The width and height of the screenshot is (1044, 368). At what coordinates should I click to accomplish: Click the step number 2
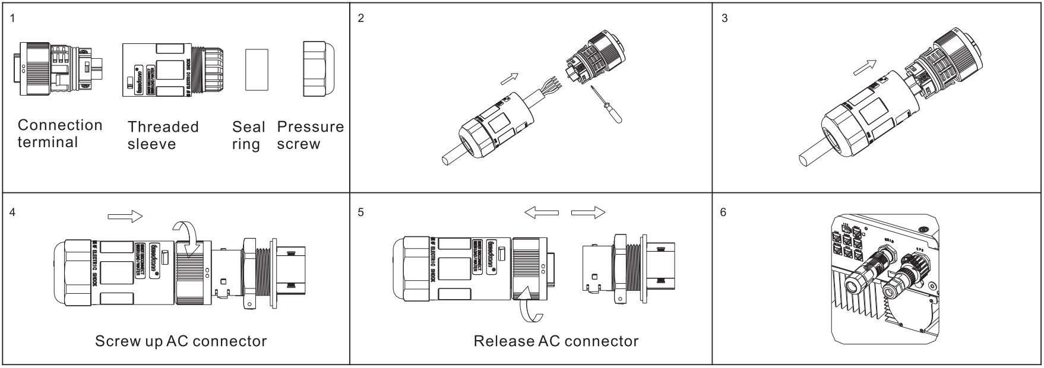click(x=361, y=18)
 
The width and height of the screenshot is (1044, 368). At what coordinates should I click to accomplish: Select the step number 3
click(x=724, y=18)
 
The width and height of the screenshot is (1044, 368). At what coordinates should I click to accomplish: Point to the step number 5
click(x=361, y=212)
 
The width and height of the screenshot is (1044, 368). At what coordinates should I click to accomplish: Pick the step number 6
click(x=723, y=212)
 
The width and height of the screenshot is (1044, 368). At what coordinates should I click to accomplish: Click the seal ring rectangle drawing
click(x=257, y=69)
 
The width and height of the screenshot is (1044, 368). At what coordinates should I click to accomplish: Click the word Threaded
click(x=163, y=127)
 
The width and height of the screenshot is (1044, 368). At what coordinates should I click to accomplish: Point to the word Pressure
click(x=310, y=127)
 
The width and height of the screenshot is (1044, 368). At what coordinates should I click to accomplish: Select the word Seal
click(x=248, y=127)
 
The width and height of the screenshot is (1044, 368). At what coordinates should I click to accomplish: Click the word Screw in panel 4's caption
click(x=115, y=341)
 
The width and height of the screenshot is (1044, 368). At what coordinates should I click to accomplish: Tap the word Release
click(x=503, y=341)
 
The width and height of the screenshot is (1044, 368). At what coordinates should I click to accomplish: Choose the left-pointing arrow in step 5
click(x=542, y=212)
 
